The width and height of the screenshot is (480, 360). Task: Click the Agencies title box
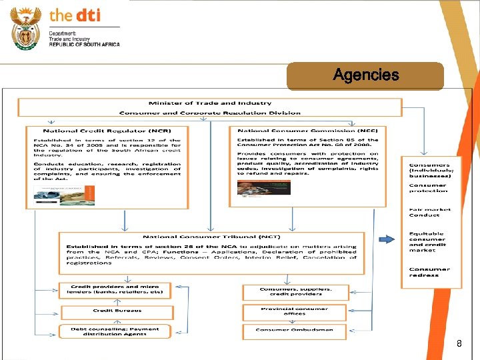(365, 76)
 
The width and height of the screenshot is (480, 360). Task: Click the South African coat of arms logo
(27, 27)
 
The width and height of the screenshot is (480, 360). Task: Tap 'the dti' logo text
(75, 15)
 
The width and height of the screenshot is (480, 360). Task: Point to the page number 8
(459, 344)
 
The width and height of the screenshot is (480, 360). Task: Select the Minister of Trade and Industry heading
(210, 103)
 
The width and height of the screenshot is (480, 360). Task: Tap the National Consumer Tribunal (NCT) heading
(211, 237)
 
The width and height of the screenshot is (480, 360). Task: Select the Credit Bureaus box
(117, 311)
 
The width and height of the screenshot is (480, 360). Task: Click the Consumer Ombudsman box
(295, 329)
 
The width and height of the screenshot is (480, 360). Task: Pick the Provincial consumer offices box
(295, 311)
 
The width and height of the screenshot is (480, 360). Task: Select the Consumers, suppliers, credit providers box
(295, 291)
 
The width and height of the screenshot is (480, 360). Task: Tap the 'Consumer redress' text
(429, 272)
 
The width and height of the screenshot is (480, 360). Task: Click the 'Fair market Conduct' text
(429, 212)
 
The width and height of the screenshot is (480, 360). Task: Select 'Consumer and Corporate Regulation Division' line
(210, 113)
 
